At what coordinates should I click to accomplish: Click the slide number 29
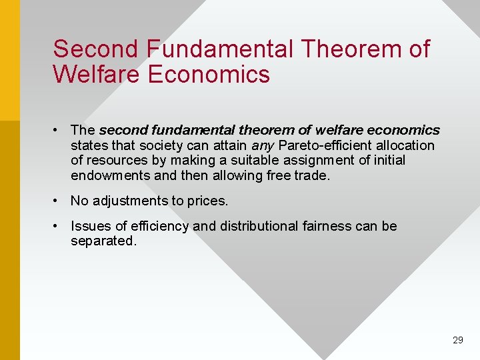pyautogui.click(x=457, y=340)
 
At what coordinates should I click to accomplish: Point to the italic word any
pyautogui.click(x=262, y=145)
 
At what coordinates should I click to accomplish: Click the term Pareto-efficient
pyautogui.click(x=323, y=145)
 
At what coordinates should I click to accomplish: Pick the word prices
pyautogui.click(x=207, y=201)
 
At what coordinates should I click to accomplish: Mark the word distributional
pyautogui.click(x=259, y=226)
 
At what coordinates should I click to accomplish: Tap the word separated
pyautogui.click(x=103, y=241)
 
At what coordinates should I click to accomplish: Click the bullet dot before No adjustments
pyautogui.click(x=59, y=201)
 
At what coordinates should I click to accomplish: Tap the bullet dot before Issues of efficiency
pyautogui.click(x=59, y=226)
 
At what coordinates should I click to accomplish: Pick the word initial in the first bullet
pyautogui.click(x=389, y=160)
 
